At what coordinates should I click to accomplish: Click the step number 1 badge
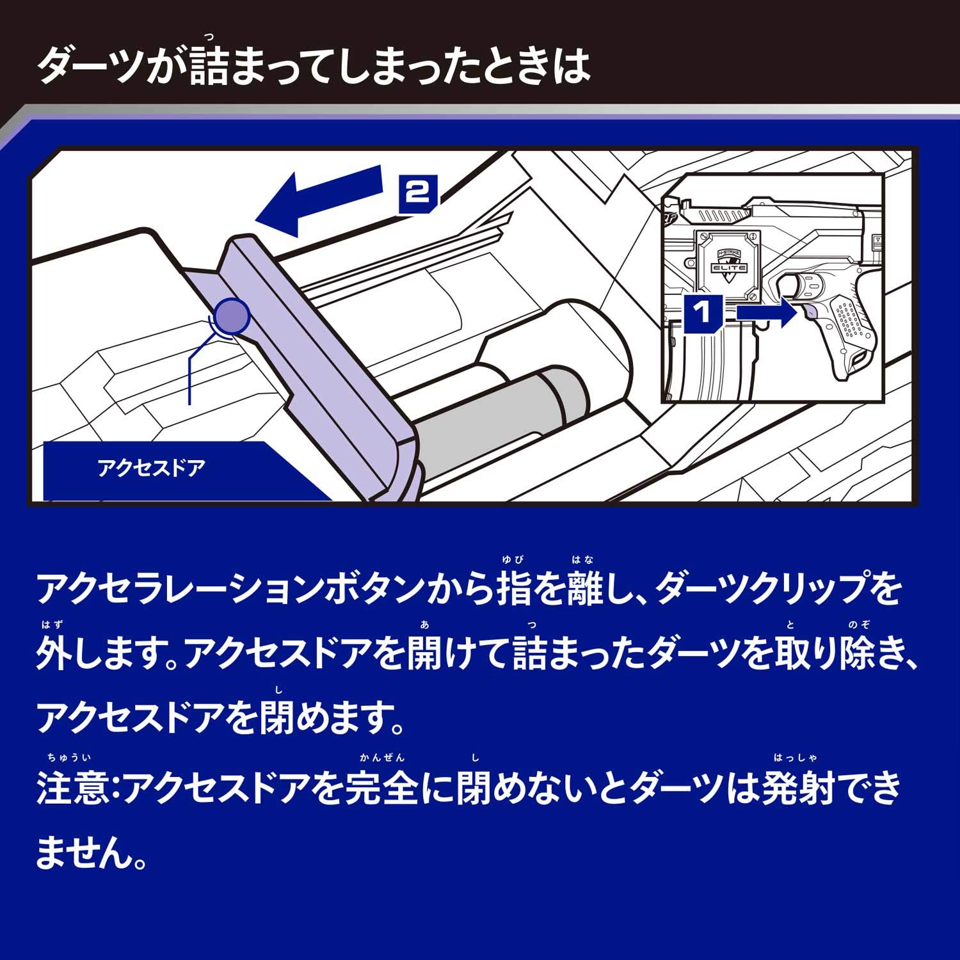703,314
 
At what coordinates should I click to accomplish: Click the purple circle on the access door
231,315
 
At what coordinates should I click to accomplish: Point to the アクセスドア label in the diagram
152,468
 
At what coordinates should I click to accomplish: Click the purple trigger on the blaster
807,312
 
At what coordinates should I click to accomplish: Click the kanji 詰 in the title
209,66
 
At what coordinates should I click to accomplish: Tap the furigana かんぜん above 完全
382,758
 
